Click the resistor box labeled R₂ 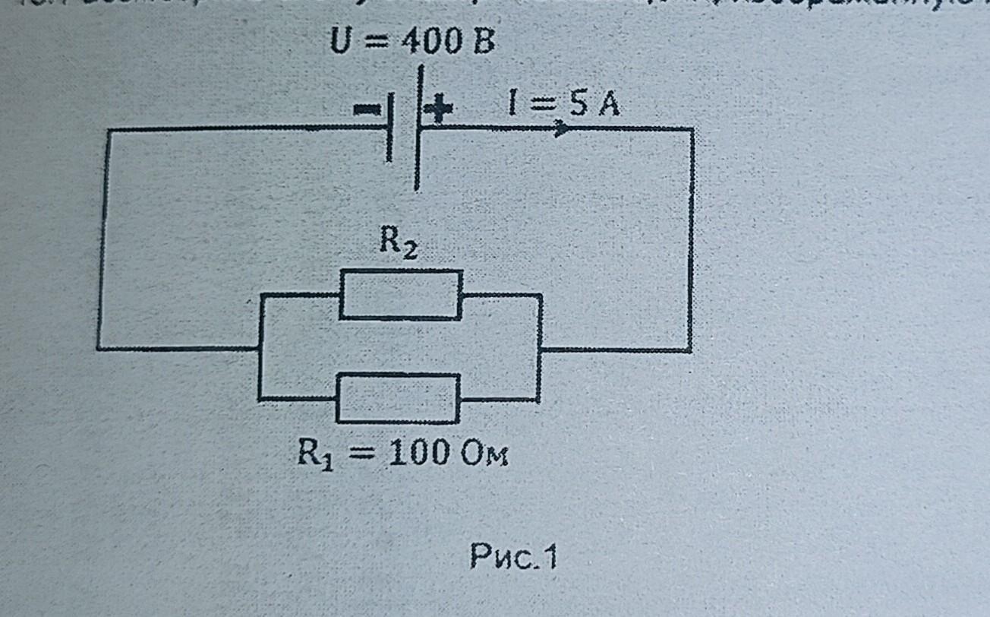click(x=400, y=294)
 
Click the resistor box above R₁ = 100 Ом click(x=398, y=398)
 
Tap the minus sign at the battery click(x=367, y=110)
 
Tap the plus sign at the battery click(x=438, y=111)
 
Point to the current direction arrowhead click(x=563, y=128)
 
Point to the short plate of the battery click(x=389, y=128)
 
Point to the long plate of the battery click(x=417, y=128)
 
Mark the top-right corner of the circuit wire click(x=692, y=129)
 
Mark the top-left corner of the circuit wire click(x=109, y=131)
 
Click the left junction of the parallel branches click(x=260, y=349)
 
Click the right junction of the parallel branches click(x=539, y=350)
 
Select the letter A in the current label click(x=607, y=106)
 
